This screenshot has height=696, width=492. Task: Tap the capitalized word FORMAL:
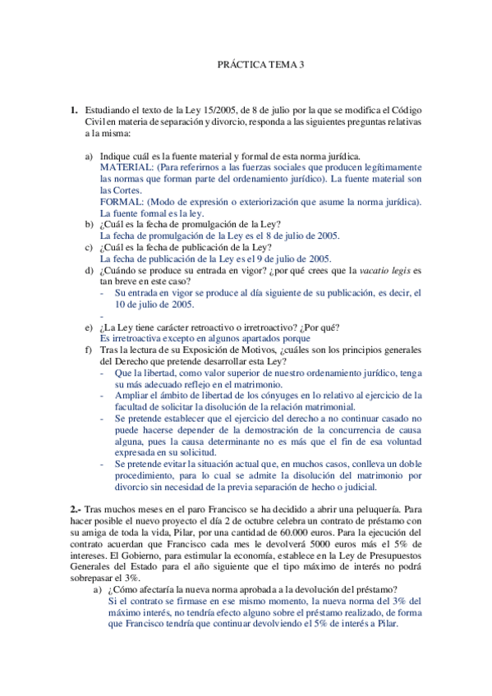121,202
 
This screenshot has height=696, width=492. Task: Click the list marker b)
90,224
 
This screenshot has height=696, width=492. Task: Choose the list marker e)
90,327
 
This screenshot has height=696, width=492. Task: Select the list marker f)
90,350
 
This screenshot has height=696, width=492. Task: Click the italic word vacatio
374,270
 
